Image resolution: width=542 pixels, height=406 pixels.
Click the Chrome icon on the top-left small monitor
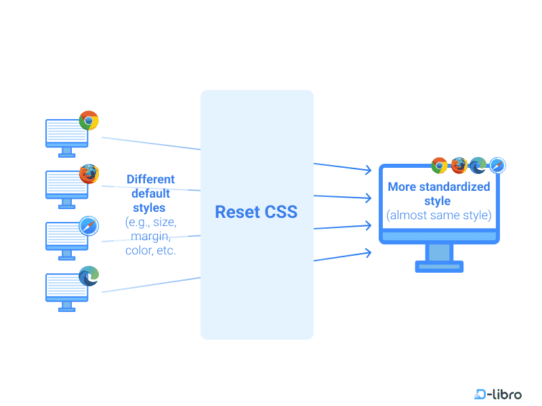click(89, 121)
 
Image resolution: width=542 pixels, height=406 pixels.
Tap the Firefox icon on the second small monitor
click(89, 174)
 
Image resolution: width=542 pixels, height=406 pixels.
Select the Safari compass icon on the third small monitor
click(89, 226)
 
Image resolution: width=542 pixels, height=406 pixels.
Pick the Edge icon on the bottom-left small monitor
click(89, 276)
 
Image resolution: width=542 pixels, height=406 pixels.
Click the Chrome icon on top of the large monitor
click(439, 165)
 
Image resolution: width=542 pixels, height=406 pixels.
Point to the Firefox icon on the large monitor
click(459, 165)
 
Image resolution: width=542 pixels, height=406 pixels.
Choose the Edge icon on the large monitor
click(478, 165)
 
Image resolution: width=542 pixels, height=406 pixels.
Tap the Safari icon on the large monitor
click(498, 165)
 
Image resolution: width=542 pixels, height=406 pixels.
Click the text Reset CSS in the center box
click(256, 212)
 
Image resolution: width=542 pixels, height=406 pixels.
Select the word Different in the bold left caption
click(150, 179)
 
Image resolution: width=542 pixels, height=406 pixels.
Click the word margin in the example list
click(150, 236)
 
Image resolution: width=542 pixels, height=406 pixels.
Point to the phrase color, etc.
click(150, 250)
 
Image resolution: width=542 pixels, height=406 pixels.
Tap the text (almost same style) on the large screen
click(438, 216)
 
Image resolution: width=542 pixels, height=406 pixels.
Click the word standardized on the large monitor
click(455, 187)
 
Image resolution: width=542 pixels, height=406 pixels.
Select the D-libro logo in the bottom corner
click(498, 393)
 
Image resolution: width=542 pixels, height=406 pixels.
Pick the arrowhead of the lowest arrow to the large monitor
click(368, 252)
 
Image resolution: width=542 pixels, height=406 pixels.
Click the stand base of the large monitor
click(439, 267)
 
